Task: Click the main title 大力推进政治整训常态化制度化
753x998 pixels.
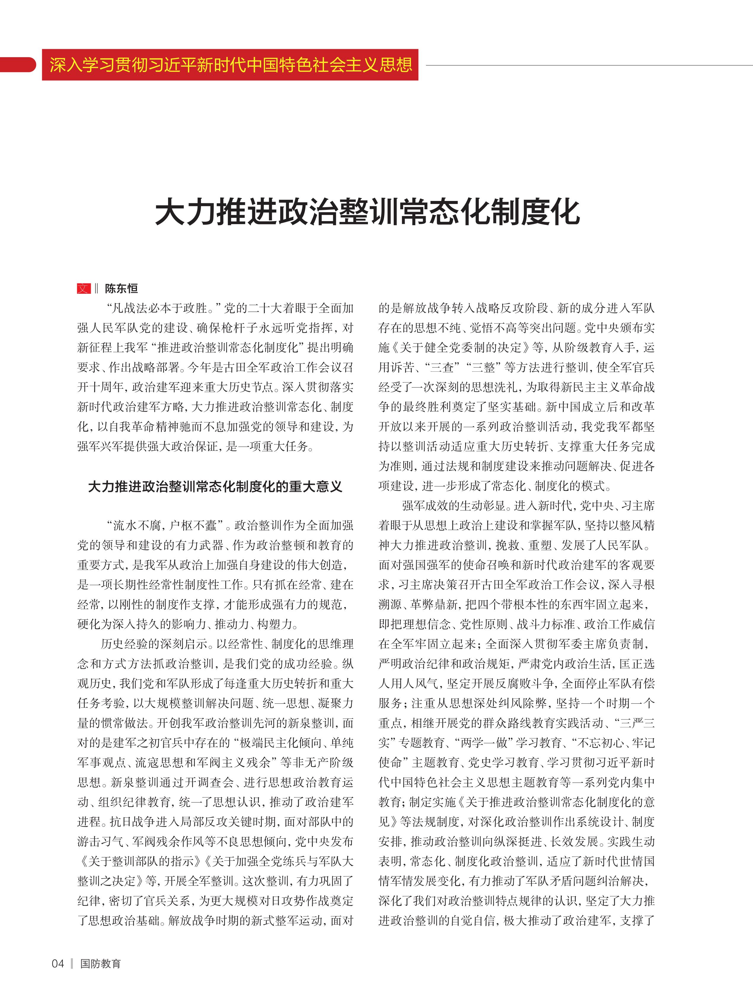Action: (367, 213)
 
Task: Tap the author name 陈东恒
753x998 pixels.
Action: (121, 288)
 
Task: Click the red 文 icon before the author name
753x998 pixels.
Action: (84, 288)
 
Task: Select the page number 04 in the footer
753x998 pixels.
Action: (58, 964)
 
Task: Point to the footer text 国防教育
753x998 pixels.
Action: (100, 964)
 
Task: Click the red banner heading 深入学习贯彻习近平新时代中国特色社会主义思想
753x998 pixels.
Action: (231, 65)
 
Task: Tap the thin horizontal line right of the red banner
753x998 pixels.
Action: (586, 66)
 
